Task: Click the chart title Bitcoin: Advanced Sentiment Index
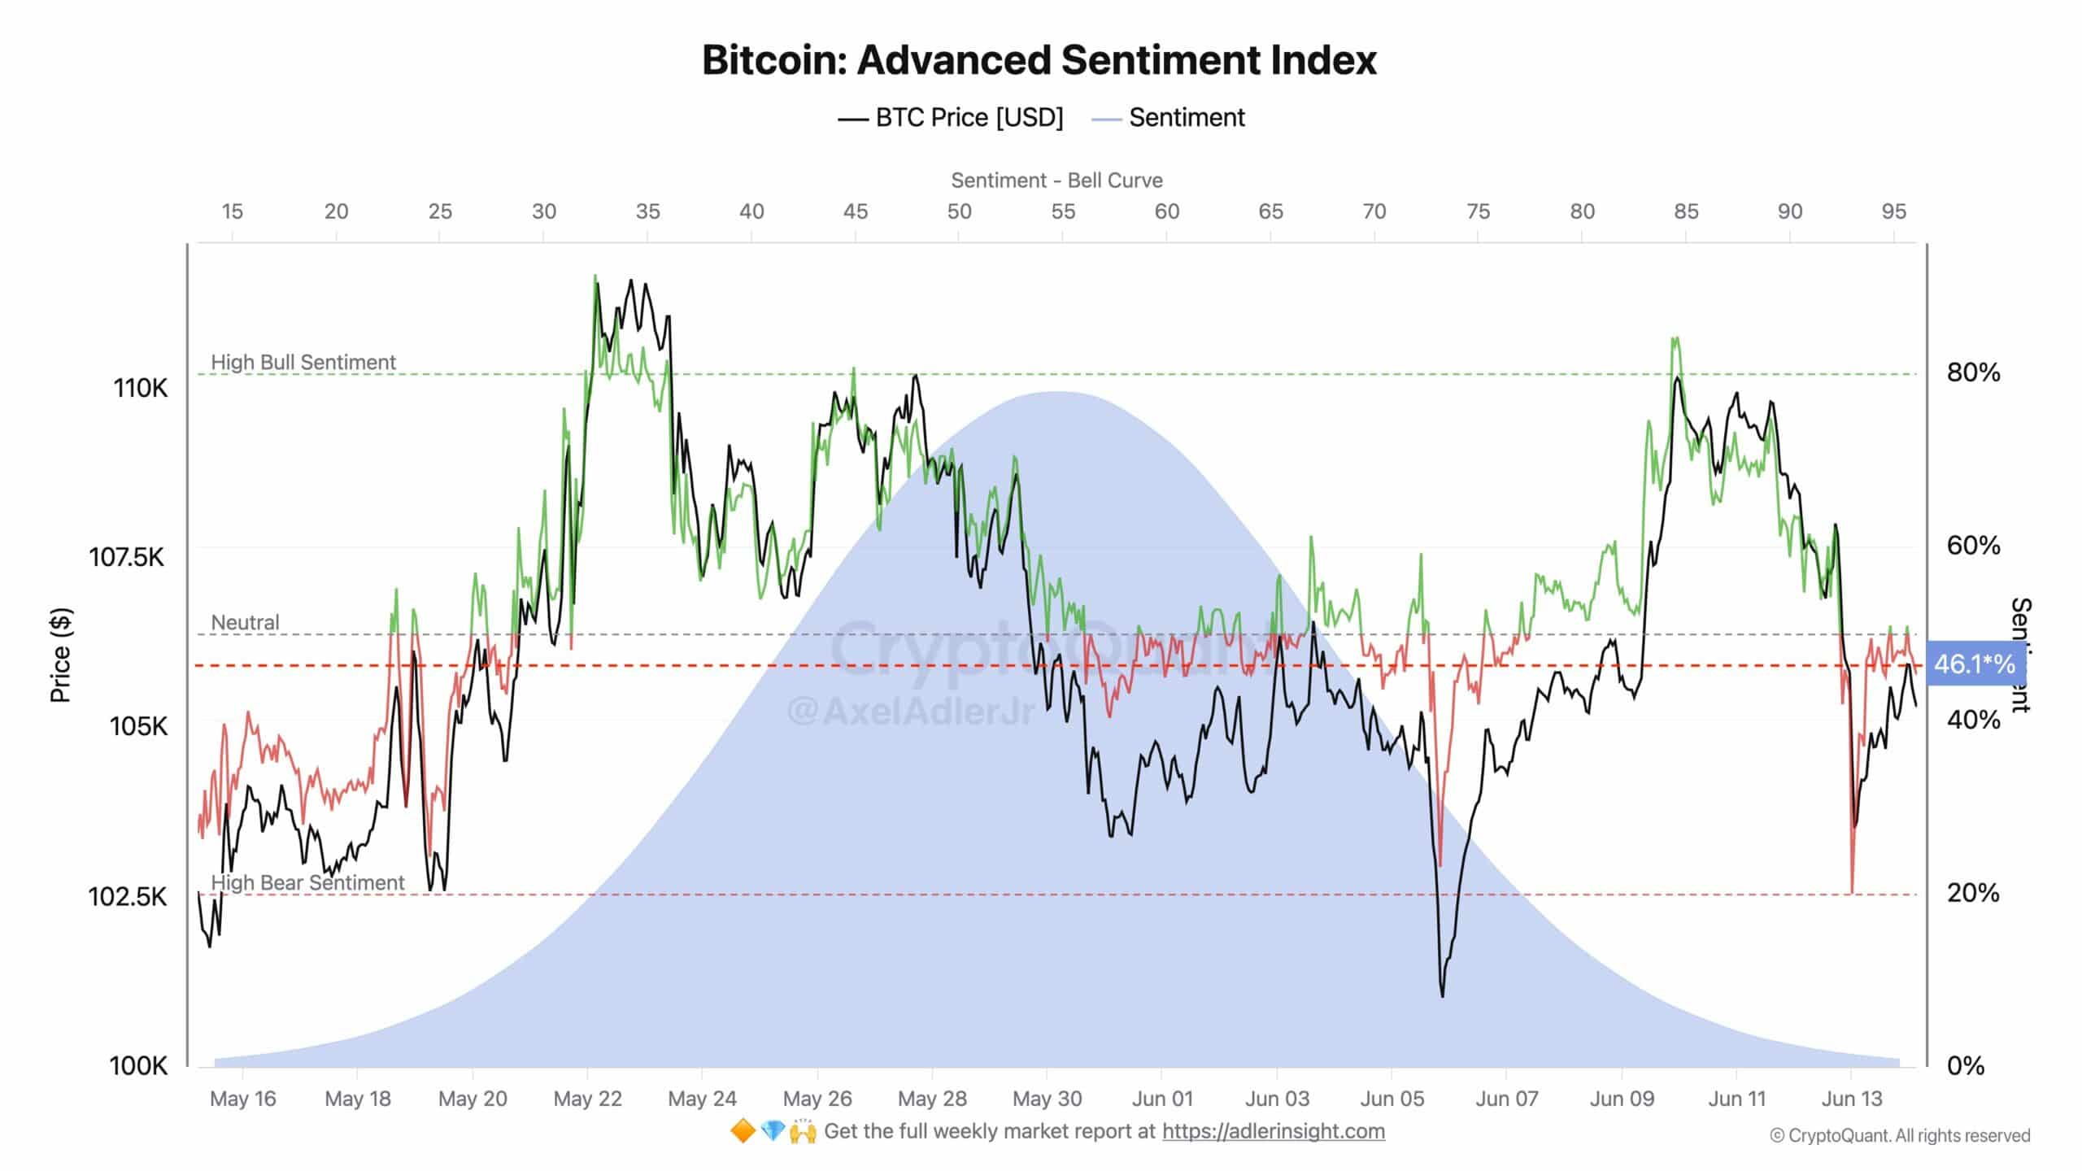point(1039,60)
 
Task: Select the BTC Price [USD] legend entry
point(952,118)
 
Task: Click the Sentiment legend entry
point(1169,118)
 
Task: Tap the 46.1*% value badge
point(1974,664)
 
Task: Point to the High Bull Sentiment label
point(303,362)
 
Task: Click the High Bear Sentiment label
point(307,882)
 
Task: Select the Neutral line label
point(245,622)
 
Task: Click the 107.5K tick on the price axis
point(127,557)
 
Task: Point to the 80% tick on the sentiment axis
point(1973,372)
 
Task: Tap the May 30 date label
point(1047,1099)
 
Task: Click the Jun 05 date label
point(1392,1099)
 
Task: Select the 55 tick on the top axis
point(1062,211)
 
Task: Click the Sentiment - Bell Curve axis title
point(1056,181)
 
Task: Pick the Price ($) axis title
point(61,655)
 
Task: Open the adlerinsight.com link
point(1273,1131)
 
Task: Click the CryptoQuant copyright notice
point(1900,1135)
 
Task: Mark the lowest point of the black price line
point(1443,995)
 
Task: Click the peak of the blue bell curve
point(1056,393)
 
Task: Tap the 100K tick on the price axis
point(138,1065)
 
